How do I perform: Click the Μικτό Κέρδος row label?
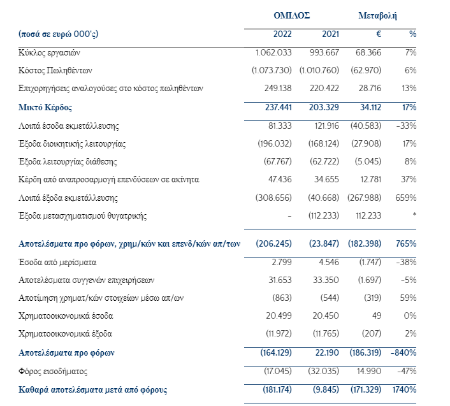45,108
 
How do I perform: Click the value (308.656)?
273,198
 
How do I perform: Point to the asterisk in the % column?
414,216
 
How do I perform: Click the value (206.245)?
273,243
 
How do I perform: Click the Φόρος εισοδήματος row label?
52,370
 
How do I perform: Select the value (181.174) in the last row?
275,389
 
